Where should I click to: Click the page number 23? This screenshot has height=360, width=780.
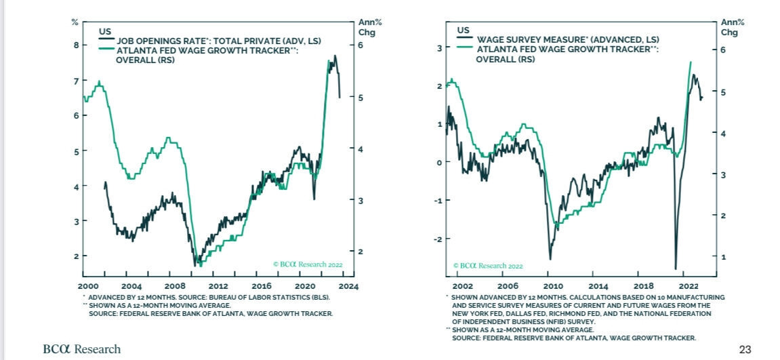coord(745,349)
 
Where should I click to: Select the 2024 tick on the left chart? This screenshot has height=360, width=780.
coord(348,286)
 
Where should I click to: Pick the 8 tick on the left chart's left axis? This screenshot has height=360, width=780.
coord(75,45)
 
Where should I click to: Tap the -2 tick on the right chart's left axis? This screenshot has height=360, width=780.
coord(438,239)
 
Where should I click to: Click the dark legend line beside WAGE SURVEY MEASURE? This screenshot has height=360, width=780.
coord(467,39)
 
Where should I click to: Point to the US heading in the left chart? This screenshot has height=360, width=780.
coord(105,31)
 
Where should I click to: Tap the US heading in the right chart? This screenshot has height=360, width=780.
coord(464,31)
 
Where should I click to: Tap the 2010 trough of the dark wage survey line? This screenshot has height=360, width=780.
coord(550,258)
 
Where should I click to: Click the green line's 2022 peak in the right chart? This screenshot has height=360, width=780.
coord(691,62)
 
